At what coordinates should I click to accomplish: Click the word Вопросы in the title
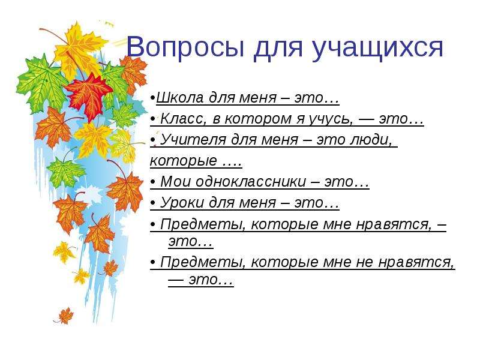click(x=185, y=47)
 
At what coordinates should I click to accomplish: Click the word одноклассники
click(x=251, y=181)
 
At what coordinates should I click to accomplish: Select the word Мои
click(x=175, y=182)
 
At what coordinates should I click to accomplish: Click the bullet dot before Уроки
click(x=153, y=203)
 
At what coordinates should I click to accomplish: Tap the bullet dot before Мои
click(x=153, y=182)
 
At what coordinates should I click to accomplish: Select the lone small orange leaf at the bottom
click(x=65, y=316)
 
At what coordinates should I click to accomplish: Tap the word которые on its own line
click(x=184, y=161)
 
